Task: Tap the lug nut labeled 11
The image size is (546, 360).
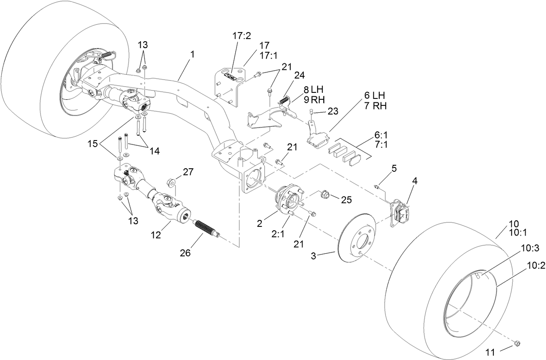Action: (x=516, y=344)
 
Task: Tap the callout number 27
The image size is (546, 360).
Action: (x=188, y=171)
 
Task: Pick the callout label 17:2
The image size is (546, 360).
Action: (x=242, y=36)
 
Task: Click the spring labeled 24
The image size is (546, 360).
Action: (x=284, y=100)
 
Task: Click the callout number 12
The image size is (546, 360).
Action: (x=156, y=235)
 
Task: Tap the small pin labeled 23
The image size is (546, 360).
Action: (x=311, y=112)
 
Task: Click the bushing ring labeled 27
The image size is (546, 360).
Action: (x=170, y=180)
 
